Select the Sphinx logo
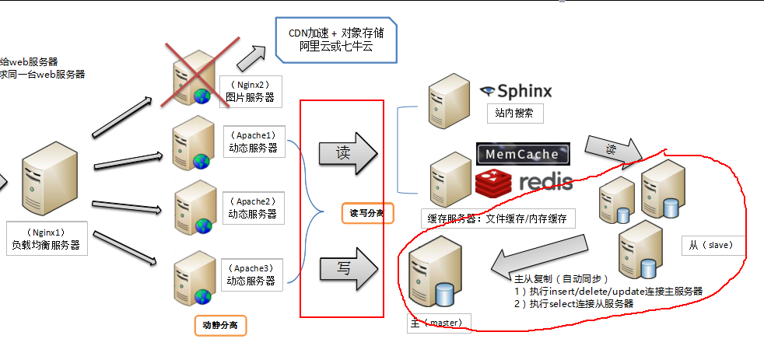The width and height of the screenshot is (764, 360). coord(515,91)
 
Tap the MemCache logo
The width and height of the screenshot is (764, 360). coord(523,153)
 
